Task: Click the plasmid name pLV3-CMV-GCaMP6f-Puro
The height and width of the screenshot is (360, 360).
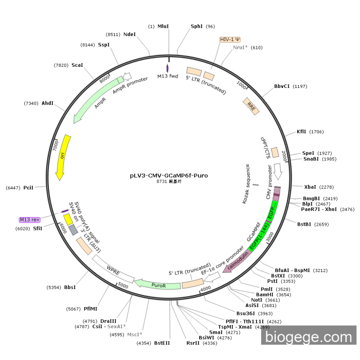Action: [169, 175]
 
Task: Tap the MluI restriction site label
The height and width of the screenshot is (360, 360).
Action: [163, 26]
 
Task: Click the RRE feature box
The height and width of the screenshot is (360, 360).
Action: [251, 106]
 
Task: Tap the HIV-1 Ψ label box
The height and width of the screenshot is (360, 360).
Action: [230, 40]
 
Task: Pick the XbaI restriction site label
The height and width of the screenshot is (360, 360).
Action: [311, 187]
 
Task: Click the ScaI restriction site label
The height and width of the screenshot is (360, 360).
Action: [77, 65]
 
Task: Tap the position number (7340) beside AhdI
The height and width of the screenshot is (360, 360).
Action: [31, 103]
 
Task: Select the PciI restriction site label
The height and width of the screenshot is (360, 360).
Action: [28, 188]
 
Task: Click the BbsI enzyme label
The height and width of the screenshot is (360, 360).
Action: [70, 287]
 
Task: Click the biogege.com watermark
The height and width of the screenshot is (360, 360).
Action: [308, 337]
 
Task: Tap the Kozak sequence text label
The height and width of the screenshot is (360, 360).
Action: [248, 184]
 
